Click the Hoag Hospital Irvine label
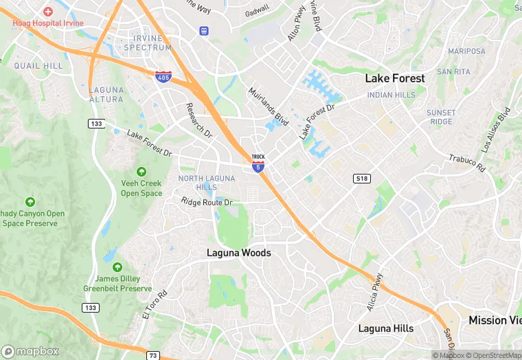[x=47, y=23]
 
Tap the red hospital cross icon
[x=47, y=12]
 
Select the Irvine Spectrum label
[x=148, y=43]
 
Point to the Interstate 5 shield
[x=258, y=167]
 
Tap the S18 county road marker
[x=362, y=179]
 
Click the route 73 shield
[x=153, y=355]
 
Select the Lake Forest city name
[x=395, y=78]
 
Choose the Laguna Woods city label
[x=239, y=253]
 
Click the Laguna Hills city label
[x=386, y=328]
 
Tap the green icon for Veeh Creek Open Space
[x=141, y=172]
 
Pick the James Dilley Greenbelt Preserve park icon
[x=117, y=267]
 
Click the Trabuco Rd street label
[x=467, y=164]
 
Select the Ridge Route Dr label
[x=207, y=202]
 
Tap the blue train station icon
[x=203, y=30]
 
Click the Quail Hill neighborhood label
[x=38, y=66]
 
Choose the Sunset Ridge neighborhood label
[x=440, y=117]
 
